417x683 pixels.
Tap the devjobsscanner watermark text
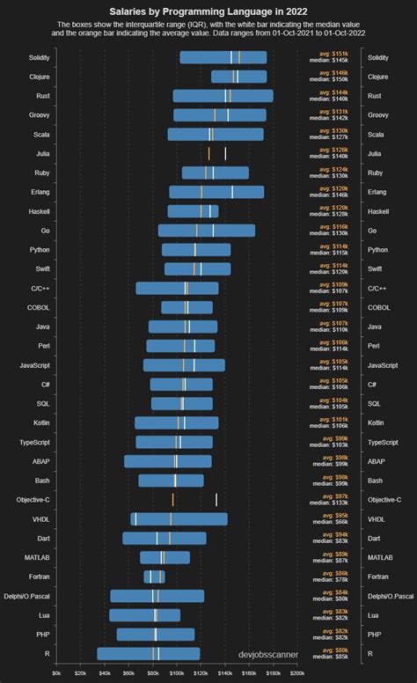[268, 655]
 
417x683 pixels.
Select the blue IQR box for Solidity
[223, 57]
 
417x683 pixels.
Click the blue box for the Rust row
[223, 96]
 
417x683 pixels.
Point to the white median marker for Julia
[225, 153]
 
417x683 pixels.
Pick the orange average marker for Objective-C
[173, 500]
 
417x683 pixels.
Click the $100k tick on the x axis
[176, 672]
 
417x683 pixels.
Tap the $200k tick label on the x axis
[296, 672]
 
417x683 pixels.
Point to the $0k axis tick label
[55, 672]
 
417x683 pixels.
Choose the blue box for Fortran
[154, 577]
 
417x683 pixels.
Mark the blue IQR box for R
[148, 653]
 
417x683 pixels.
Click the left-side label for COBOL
[36, 307]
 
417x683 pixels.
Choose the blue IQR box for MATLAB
[165, 557]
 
